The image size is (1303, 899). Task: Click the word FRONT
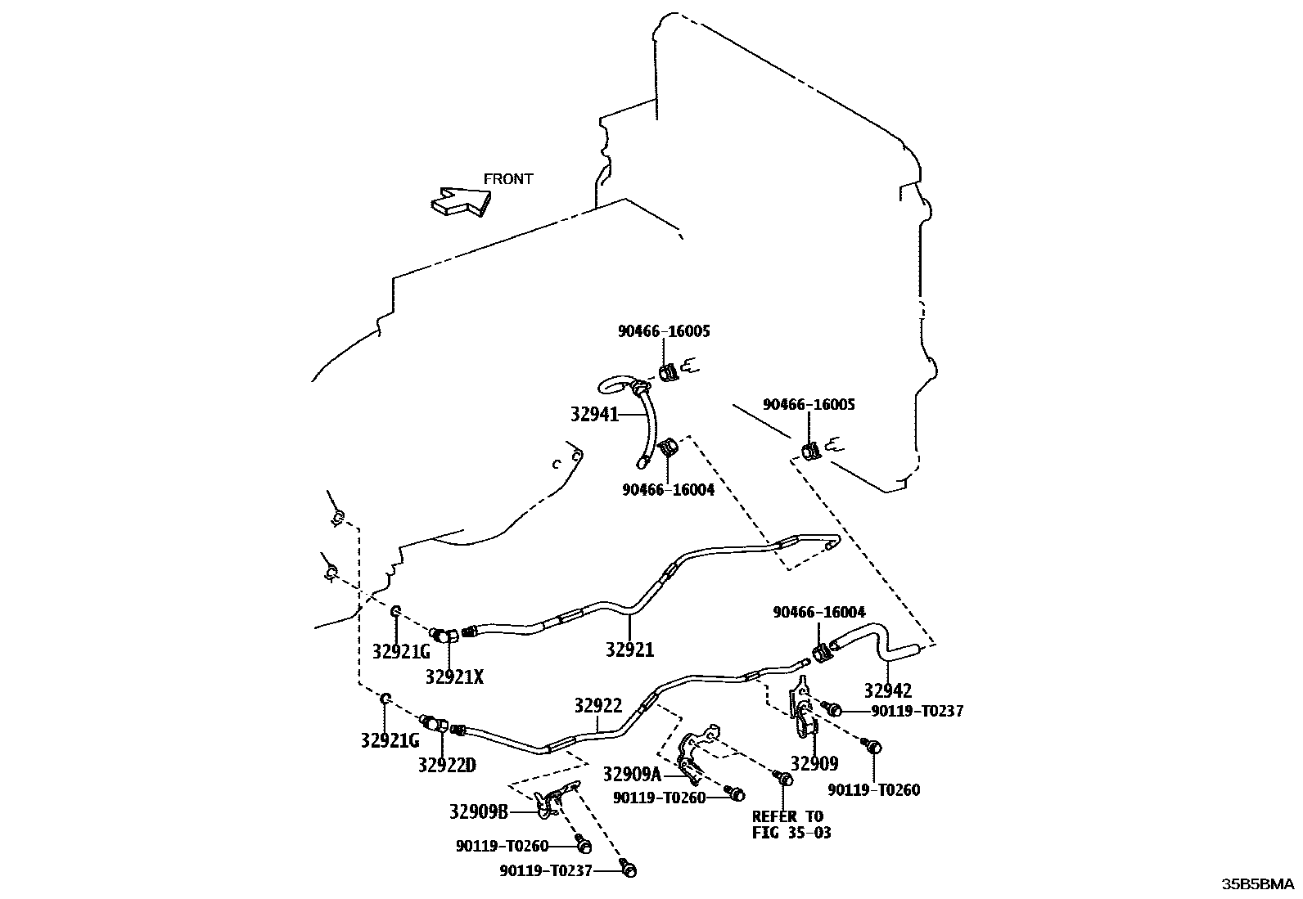(507, 179)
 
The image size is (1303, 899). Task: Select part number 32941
(594, 415)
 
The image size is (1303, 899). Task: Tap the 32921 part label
(629, 650)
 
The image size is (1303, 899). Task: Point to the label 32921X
(454, 676)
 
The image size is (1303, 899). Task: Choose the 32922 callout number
(597, 706)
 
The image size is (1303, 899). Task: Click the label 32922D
(446, 765)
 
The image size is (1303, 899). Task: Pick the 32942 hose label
(888, 691)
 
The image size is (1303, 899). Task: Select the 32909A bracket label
(632, 774)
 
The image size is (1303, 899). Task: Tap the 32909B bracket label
(479, 812)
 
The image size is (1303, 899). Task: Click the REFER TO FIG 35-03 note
(787, 825)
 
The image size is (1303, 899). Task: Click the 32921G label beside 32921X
(401, 651)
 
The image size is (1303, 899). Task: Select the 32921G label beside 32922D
(390, 740)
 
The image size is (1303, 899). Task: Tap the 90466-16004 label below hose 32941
(668, 490)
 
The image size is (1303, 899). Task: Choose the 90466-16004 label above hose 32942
(819, 612)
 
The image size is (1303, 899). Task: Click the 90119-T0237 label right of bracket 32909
(917, 711)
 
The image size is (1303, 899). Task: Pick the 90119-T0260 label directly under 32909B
(502, 847)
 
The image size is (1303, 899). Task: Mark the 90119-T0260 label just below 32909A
(659, 798)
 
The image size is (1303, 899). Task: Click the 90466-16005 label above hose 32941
(664, 331)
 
